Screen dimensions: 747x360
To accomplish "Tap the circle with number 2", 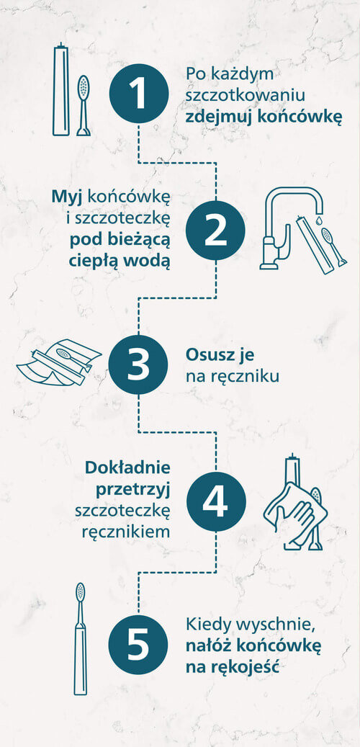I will pyautogui.click(x=215, y=231).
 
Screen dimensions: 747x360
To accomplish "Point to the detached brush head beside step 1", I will pyautogui.click(x=83, y=105).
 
